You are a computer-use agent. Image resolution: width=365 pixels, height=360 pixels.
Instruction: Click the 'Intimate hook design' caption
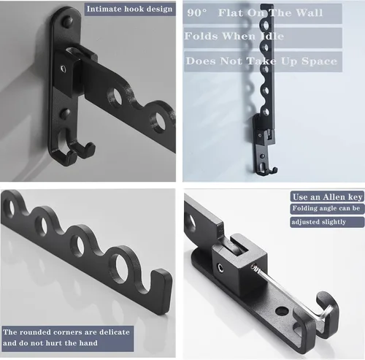click(x=129, y=9)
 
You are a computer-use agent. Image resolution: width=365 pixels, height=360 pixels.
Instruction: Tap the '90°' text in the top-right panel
click(x=197, y=13)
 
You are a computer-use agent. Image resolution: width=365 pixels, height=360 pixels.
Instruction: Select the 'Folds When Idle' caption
click(x=234, y=37)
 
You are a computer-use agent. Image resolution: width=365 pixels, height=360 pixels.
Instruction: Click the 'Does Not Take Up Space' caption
click(x=261, y=61)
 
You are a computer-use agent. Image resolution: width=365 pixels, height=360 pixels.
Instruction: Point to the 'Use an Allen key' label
click(x=327, y=197)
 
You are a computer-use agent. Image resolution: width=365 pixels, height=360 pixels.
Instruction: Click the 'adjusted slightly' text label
click(x=318, y=222)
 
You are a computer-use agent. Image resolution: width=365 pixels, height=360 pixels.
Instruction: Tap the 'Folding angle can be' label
click(x=326, y=208)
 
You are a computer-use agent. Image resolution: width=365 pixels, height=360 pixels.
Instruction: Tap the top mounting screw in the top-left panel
click(x=67, y=21)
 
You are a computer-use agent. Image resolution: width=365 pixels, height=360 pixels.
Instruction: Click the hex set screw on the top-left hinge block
click(x=63, y=69)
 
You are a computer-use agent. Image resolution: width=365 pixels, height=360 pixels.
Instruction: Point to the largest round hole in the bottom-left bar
click(x=124, y=266)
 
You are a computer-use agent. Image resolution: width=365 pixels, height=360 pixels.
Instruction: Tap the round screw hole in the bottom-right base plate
click(x=283, y=311)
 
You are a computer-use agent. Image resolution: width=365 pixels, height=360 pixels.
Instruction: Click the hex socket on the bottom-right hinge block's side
click(x=221, y=268)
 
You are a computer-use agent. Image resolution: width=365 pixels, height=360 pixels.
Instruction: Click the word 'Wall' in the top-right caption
click(x=309, y=13)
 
